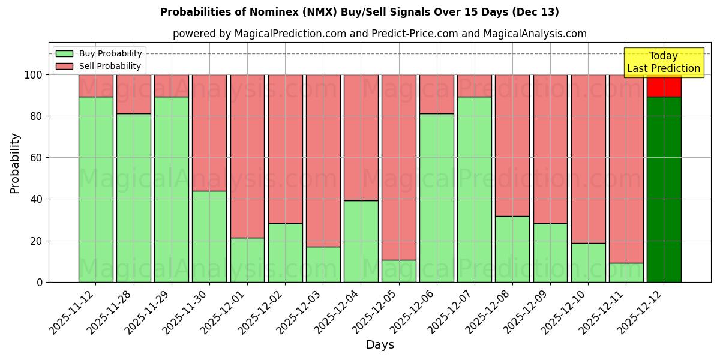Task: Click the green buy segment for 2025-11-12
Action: point(95,189)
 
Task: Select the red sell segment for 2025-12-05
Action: point(399,167)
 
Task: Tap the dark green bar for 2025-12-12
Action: point(664,189)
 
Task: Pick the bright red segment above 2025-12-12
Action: point(664,87)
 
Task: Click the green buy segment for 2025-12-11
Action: point(626,272)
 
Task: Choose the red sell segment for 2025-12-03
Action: point(323,160)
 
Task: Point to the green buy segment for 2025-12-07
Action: point(475,189)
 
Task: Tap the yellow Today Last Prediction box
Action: point(664,62)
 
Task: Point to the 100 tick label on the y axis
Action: point(32,75)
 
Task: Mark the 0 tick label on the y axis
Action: point(39,282)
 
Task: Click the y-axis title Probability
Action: point(15,163)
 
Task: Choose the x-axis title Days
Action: point(380,345)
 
